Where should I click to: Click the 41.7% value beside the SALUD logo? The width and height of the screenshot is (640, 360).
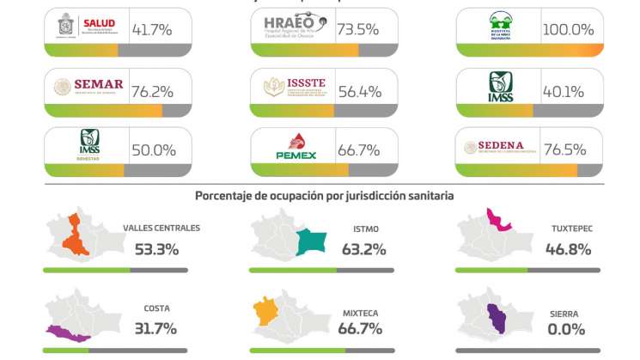[x=152, y=29]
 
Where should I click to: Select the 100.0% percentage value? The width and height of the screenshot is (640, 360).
[x=569, y=29]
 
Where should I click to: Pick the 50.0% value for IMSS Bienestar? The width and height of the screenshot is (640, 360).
[x=154, y=150]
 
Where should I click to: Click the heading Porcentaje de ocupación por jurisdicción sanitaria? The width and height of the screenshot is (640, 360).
[x=325, y=195]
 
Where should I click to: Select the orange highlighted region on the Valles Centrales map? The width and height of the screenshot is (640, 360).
[x=76, y=236]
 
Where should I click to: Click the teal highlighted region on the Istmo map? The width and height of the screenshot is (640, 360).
[x=308, y=242]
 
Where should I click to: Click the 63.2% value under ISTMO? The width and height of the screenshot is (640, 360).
[x=363, y=250]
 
